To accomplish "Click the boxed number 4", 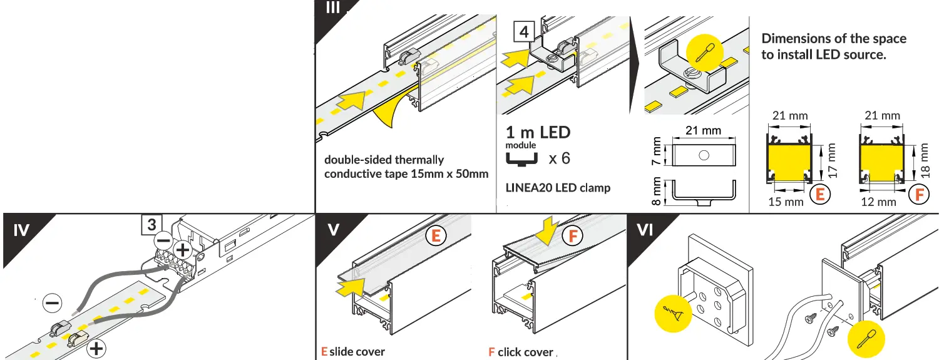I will pyautogui.click(x=524, y=31).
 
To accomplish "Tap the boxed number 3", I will pyautogui.click(x=151, y=224).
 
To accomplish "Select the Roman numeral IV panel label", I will pyautogui.click(x=21, y=231).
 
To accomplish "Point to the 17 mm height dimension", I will pyautogui.click(x=831, y=160).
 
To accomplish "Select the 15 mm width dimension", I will pyautogui.click(x=785, y=202).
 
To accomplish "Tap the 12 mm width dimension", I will pyautogui.click(x=878, y=202).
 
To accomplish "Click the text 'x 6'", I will pyautogui.click(x=559, y=158).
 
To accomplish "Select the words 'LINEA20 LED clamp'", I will pyautogui.click(x=557, y=188).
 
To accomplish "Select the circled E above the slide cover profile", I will pyautogui.click(x=436, y=236).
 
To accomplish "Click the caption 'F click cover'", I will pyautogui.click(x=521, y=352).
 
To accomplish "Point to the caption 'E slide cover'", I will pyautogui.click(x=353, y=352).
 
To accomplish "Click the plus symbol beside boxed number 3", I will pyautogui.click(x=182, y=249).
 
